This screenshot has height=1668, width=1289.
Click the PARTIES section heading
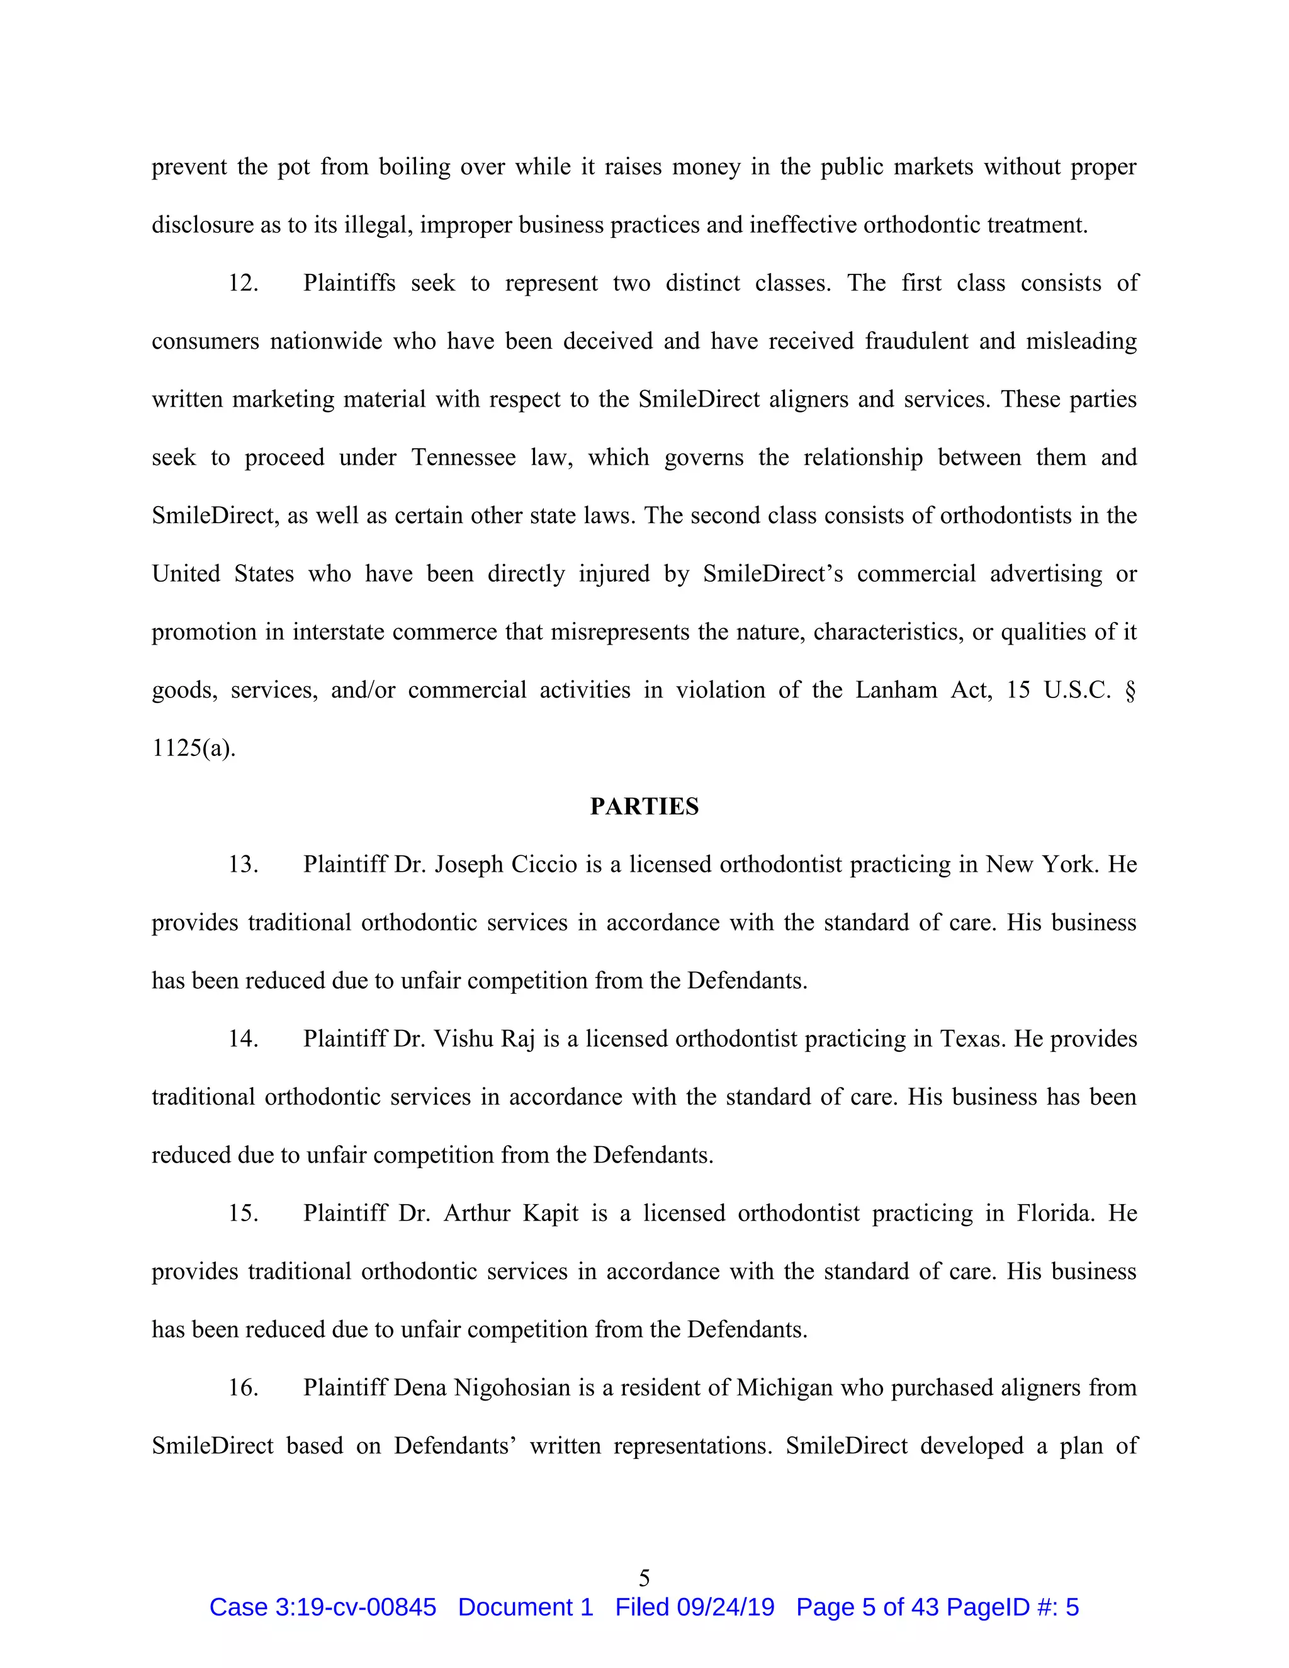(x=644, y=806)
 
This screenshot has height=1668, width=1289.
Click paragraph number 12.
(x=243, y=283)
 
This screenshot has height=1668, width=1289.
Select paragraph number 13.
(x=243, y=865)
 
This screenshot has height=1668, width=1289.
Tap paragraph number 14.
(x=243, y=1039)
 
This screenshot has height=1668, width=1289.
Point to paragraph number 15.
(x=243, y=1213)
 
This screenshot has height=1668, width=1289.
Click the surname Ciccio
(x=544, y=865)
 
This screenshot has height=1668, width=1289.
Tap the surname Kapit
(x=551, y=1213)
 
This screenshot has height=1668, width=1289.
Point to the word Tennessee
(x=463, y=458)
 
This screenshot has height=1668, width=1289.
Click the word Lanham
(x=895, y=690)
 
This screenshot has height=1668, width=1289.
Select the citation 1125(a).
(x=193, y=748)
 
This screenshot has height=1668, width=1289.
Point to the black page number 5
(x=644, y=1578)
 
